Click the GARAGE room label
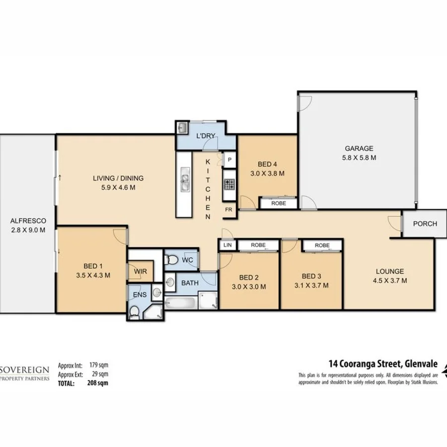tap(359, 148)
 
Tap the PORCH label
tap(425, 223)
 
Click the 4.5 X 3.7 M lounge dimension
tap(389, 281)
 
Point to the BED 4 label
tap(267, 164)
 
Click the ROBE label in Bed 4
tap(279, 203)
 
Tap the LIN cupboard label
tap(227, 245)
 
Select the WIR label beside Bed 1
tap(140, 272)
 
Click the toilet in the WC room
tap(172, 259)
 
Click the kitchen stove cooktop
tap(229, 185)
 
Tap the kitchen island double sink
tap(185, 180)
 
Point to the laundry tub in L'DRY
tap(182, 128)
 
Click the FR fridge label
tap(228, 210)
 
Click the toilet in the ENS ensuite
tap(134, 312)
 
